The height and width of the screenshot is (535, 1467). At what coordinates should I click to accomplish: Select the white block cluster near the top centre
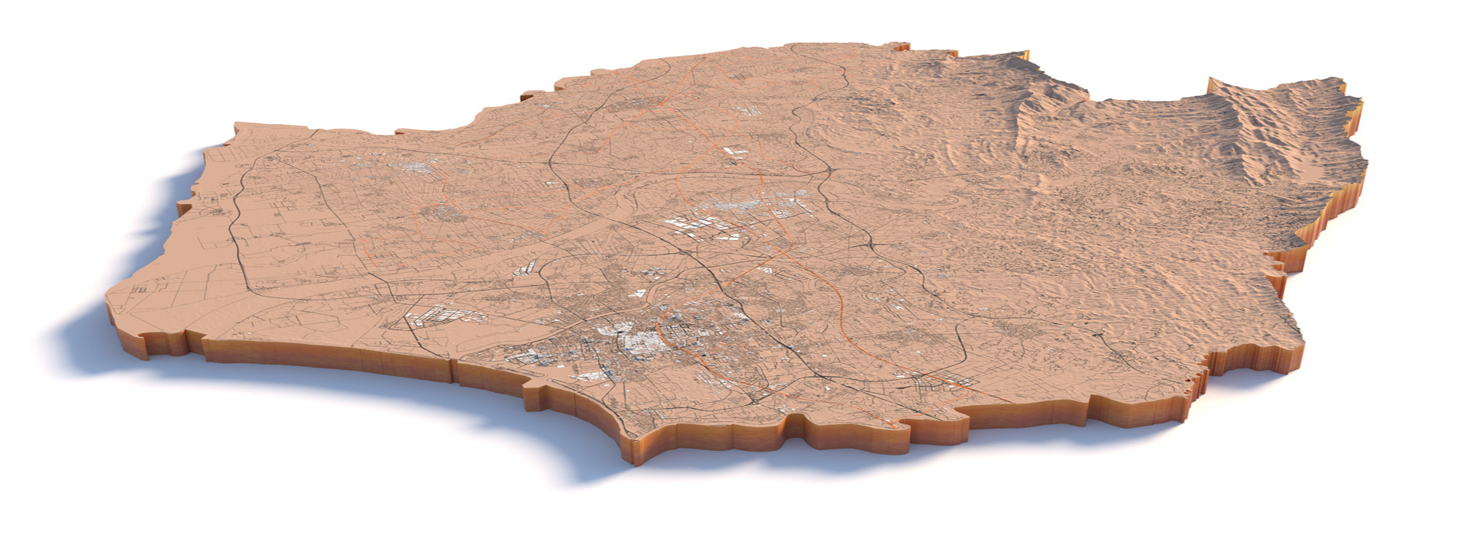tap(734, 152)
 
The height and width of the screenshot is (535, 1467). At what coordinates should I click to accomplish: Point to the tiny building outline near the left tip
tap(140, 290)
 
